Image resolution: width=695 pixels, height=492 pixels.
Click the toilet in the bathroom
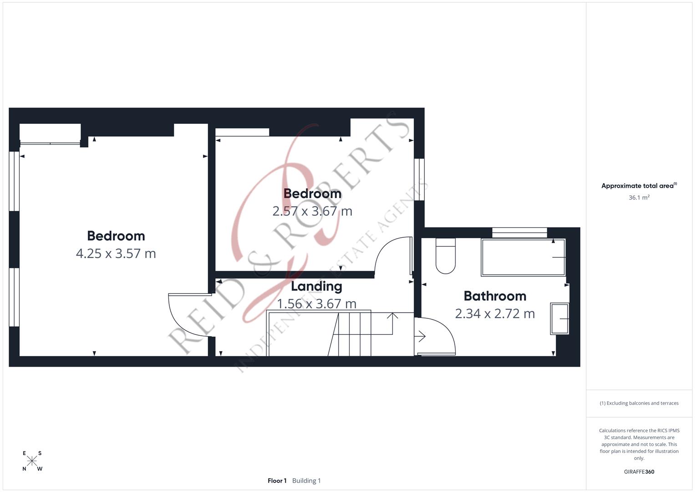coord(445,256)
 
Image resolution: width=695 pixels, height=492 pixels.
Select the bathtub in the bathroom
coord(523,257)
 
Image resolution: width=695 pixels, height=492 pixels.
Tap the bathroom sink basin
coord(559,318)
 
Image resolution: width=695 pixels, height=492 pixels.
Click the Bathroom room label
coord(495,296)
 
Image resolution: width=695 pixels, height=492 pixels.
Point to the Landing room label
coord(316,286)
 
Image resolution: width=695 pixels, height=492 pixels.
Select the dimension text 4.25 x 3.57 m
coord(116,253)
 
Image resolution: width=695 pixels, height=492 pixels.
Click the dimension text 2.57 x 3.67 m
coord(312,211)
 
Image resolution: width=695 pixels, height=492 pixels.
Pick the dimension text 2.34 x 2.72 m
coord(495,313)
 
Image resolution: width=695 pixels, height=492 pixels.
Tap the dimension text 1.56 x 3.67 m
coord(316,303)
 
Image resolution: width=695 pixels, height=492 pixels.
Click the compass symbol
coord(32,461)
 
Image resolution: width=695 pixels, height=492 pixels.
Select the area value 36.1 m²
coord(639,197)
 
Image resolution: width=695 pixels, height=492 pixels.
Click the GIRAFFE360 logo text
coord(639,471)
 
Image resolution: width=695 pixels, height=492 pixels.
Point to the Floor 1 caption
coord(277,481)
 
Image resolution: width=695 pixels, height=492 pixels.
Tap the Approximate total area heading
coord(639,186)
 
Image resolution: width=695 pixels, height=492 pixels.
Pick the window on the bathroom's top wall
coord(519,232)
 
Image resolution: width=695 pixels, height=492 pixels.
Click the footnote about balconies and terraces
coord(639,403)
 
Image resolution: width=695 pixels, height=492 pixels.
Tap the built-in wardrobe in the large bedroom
coord(50,134)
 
